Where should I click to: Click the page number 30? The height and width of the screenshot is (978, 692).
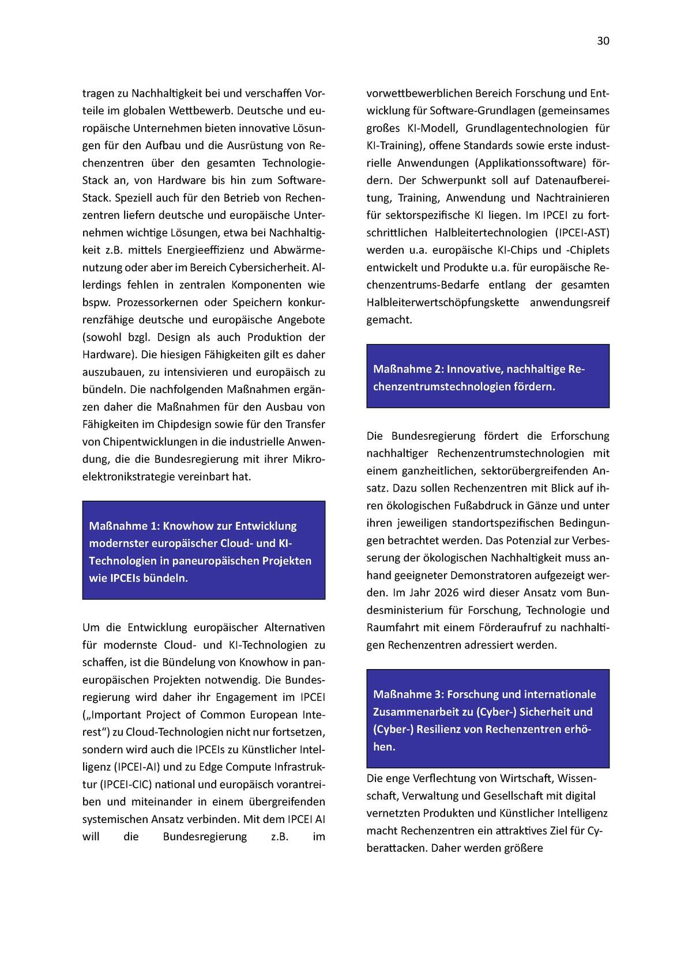pos(603,41)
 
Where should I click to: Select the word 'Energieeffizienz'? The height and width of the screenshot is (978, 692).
pos(209,250)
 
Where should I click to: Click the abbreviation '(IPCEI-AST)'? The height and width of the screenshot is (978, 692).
pos(582,233)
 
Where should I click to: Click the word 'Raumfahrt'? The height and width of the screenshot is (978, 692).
pos(390,627)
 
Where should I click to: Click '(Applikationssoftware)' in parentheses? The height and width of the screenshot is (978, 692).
pos(531,163)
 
